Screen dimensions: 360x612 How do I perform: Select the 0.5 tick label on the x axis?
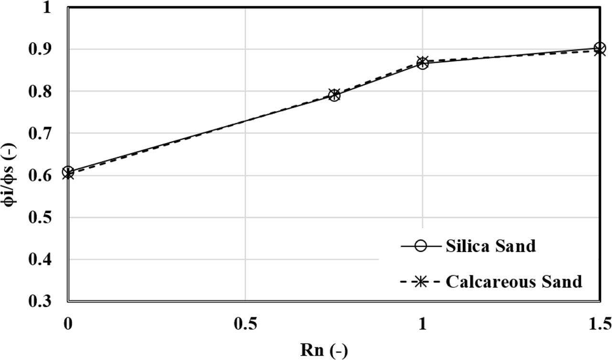(x=245, y=326)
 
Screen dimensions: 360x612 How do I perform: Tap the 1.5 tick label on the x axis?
(x=600, y=326)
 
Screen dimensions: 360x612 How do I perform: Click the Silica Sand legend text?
(x=491, y=246)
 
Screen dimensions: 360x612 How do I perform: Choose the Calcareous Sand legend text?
(x=514, y=282)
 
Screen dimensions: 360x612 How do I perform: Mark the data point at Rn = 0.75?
(x=334, y=95)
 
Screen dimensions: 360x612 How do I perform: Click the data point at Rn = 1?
(x=422, y=63)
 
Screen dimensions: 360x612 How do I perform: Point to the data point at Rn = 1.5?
(x=600, y=49)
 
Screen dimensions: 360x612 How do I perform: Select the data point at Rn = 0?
(x=68, y=173)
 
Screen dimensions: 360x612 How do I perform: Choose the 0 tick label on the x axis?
(x=68, y=326)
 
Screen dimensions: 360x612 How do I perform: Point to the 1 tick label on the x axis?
(x=422, y=326)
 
